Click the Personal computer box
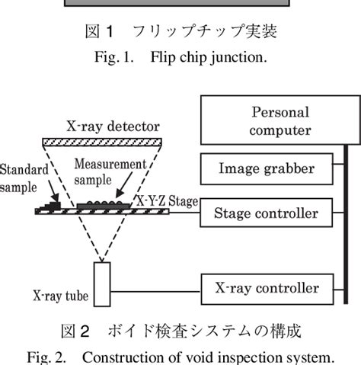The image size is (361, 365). click(270, 120)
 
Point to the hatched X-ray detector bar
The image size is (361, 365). click(102, 141)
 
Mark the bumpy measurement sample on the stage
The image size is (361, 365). click(103, 203)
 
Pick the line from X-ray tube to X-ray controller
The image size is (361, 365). click(156, 288)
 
